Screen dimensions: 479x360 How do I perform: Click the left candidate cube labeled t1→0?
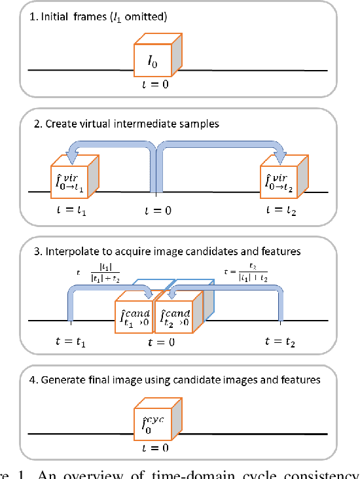tap(133, 304)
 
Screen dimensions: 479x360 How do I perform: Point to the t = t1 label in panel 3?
tap(70, 341)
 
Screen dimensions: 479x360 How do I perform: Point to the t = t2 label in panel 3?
tap(282, 341)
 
